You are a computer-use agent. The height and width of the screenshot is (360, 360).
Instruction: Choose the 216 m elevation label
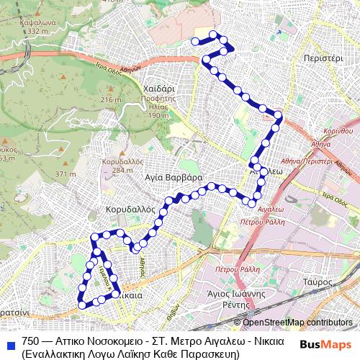[x=111, y=99]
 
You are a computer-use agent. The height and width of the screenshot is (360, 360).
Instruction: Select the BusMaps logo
[x=326, y=344]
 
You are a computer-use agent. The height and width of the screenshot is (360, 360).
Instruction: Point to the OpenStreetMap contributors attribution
[x=297, y=322]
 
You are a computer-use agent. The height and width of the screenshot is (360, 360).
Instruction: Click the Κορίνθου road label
[x=338, y=131]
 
